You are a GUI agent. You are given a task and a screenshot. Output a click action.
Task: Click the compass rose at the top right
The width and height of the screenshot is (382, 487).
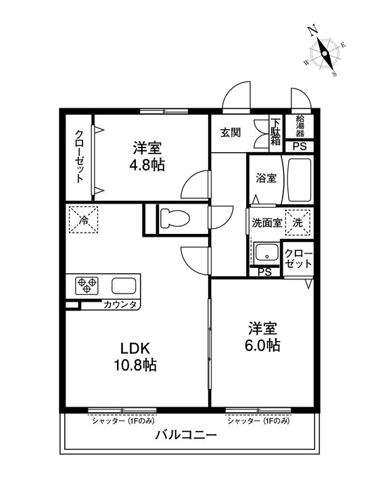pos(325,53)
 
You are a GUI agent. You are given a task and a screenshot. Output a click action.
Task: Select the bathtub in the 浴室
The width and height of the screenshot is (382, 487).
pos(297,179)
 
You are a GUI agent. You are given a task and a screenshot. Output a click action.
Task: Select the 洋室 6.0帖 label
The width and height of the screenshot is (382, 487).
pos(263,336)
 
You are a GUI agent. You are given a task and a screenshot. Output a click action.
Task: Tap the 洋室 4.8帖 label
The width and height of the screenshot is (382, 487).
pos(148,156)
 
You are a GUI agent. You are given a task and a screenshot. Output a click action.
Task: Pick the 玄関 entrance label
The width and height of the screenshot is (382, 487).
pos(230,133)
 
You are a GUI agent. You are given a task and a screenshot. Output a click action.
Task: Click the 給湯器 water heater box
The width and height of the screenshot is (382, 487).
pos(299,126)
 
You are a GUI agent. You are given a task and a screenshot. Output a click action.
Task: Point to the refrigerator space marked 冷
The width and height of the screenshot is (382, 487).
pos(84,218)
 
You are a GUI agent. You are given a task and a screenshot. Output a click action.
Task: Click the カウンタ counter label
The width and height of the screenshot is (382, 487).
pos(120,304)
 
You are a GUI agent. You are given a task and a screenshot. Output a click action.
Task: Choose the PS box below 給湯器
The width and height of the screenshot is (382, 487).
pos(298,146)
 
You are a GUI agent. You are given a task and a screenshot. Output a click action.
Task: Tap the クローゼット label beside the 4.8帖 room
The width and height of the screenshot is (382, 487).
pos(79,156)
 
